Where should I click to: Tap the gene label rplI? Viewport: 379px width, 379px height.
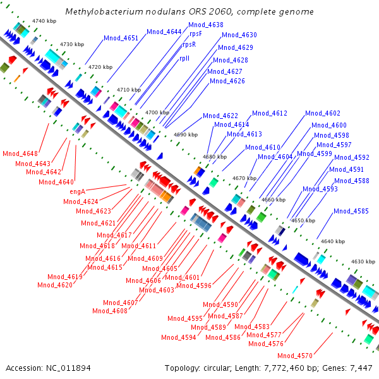tap(184, 58)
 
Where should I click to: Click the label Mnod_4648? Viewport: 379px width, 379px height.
tap(20, 153)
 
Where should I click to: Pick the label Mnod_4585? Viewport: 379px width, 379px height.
tap(351, 211)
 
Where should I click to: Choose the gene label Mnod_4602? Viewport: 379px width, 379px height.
tap(323, 113)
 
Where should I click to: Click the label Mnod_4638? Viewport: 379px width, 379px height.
tap(206, 25)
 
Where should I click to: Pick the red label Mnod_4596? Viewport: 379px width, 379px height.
tap(194, 286)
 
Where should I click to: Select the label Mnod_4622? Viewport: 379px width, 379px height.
tap(220, 116)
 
